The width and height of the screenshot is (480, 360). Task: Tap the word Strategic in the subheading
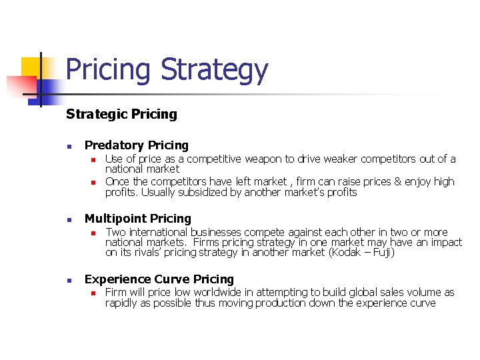coord(93,114)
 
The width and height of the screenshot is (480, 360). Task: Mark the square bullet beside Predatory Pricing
coord(69,146)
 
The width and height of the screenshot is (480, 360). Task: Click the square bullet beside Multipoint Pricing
coord(69,219)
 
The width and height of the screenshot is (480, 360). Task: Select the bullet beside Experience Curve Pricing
coord(69,280)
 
